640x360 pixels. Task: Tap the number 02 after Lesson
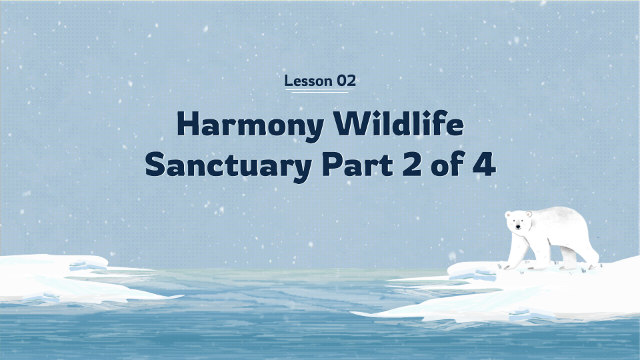pos(346,81)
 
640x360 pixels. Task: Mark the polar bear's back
pos(560,213)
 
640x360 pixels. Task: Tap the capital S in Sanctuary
pos(156,164)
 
